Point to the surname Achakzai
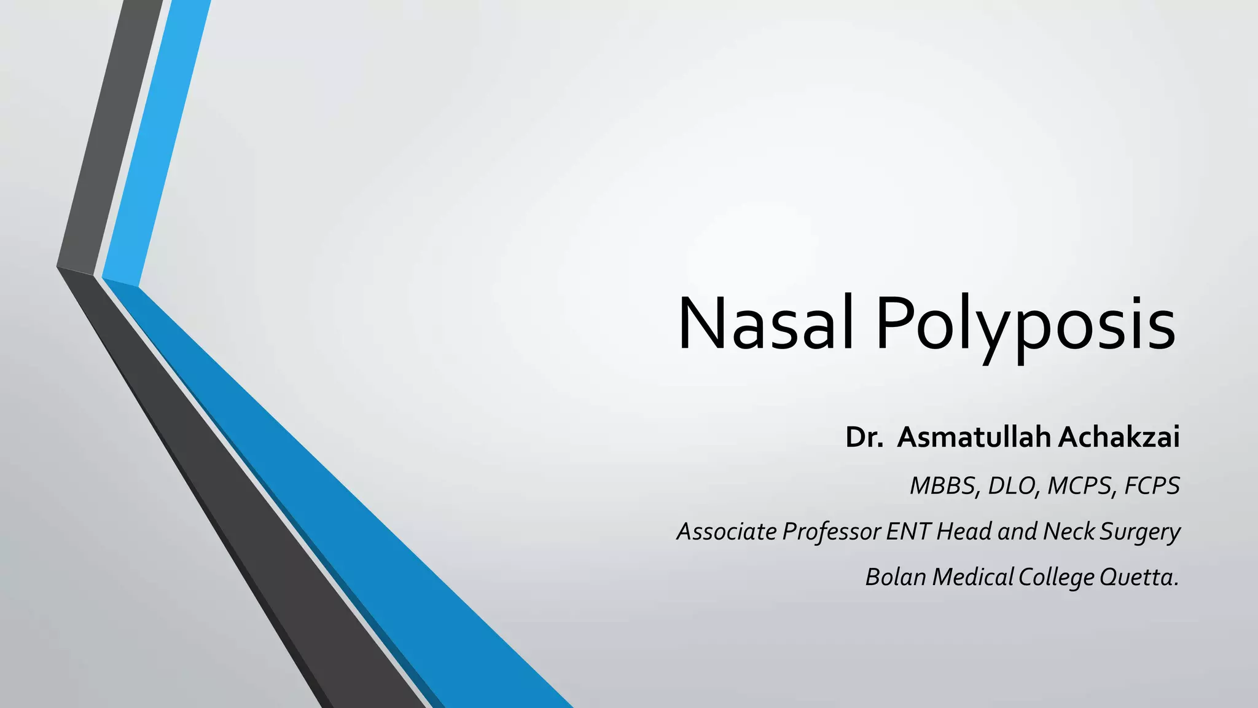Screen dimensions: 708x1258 point(1118,438)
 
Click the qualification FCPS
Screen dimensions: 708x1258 point(1152,486)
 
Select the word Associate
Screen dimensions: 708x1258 point(727,532)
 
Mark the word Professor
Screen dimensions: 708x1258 point(832,532)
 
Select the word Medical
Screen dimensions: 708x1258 point(972,577)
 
